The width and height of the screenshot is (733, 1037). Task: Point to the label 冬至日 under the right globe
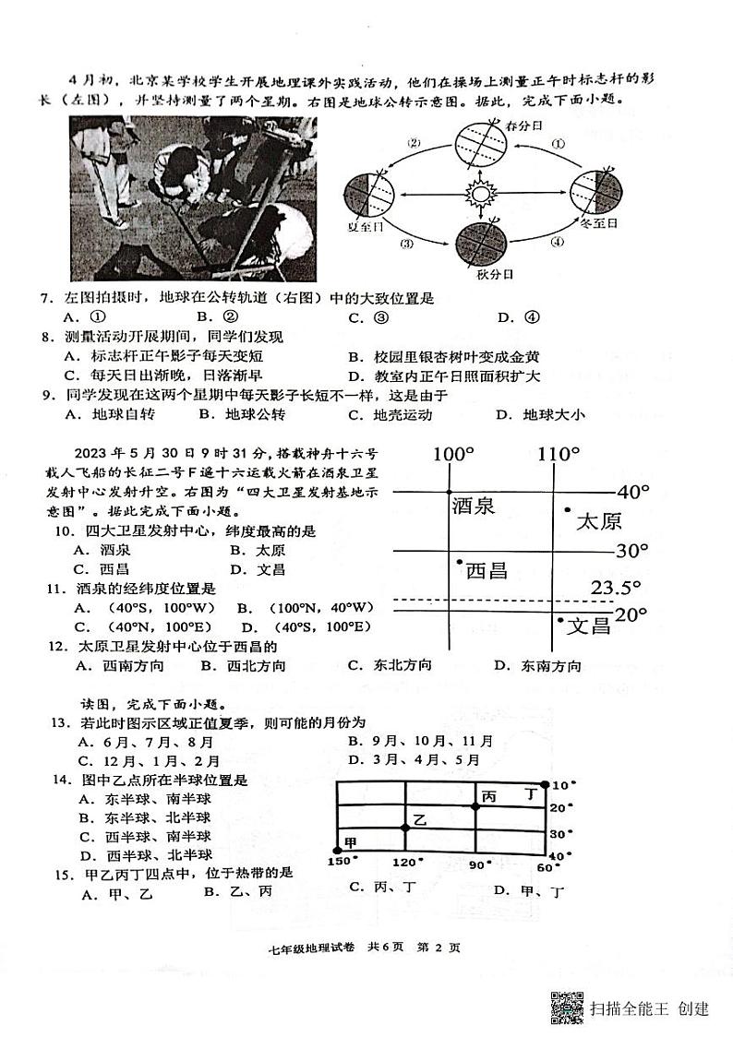pos(598,223)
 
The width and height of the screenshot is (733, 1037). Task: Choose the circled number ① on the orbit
pos(558,144)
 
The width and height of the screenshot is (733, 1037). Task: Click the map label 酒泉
pos(474,506)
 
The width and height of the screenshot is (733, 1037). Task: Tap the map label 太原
pos(598,521)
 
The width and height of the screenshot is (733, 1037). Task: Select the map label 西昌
pos(486,570)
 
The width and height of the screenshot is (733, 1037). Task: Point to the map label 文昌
pos(589,626)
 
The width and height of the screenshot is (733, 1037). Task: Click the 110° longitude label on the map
pos(559,454)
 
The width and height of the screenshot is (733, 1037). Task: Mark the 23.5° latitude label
pos(616,588)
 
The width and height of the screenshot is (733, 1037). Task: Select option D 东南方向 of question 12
pos(539,666)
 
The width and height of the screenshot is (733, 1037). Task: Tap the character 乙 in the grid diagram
pos(420,819)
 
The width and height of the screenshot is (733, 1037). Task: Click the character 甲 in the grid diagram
pos(350,842)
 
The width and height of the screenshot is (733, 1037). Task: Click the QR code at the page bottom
pos(567,1007)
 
